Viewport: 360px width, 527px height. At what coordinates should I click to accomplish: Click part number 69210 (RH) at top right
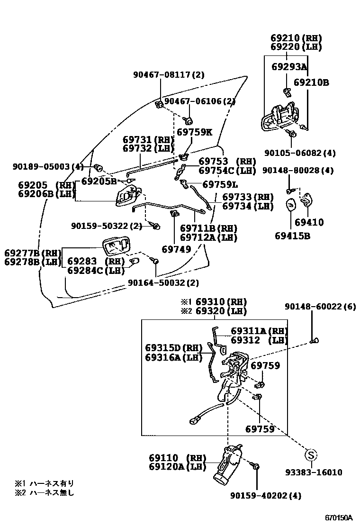296,38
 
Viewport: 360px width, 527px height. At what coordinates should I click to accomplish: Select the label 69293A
289,67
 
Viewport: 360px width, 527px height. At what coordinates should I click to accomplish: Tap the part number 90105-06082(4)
300,153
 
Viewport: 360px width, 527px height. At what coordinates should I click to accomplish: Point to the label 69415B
292,235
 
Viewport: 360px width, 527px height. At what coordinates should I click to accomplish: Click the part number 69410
309,222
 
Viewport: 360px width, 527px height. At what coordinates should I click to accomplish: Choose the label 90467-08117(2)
168,74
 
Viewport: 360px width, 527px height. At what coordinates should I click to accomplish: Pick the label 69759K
194,132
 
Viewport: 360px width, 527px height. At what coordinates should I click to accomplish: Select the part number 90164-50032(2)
163,283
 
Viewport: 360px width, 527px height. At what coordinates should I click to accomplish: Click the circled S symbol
310,455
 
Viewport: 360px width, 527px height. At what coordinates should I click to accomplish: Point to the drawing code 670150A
339,517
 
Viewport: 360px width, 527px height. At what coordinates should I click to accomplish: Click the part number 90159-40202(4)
266,496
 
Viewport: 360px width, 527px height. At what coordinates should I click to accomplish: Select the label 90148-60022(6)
320,307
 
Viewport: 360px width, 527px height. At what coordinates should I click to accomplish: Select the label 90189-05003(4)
48,167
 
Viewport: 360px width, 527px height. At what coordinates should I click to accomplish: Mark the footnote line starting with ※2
45,493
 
